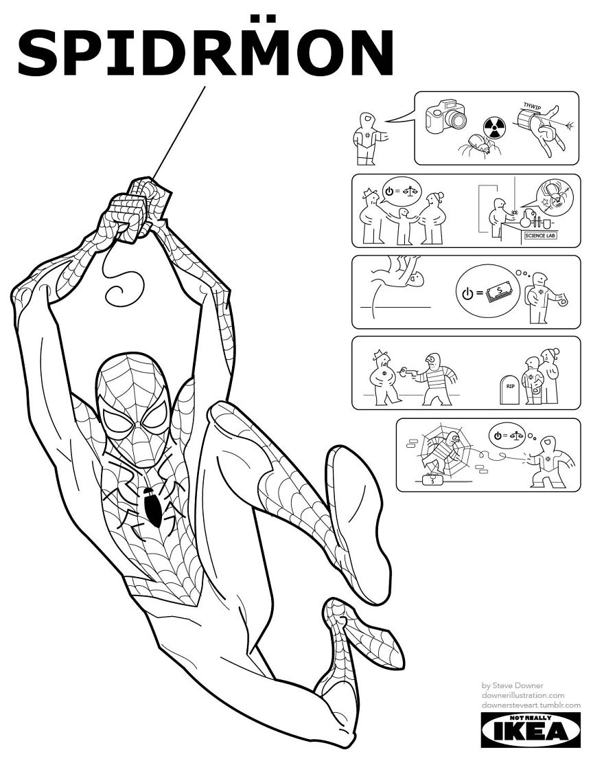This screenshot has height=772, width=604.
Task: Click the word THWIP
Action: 532,105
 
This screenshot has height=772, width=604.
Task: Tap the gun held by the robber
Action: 410,372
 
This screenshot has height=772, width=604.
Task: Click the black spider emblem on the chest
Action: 150,507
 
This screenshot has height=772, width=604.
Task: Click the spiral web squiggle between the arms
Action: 124,289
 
